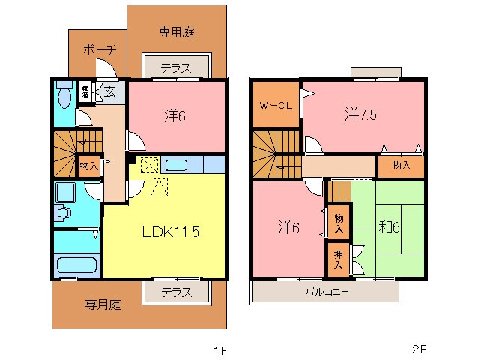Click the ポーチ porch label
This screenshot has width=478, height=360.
(x=99, y=51)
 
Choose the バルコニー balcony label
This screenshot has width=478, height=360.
(x=326, y=291)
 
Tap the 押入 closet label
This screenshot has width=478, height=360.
(x=339, y=259)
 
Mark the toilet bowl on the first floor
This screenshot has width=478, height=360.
(x=64, y=95)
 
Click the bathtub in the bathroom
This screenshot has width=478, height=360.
(x=76, y=265)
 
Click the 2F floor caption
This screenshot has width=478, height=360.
(x=419, y=349)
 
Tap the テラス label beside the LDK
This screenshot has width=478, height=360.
(x=175, y=292)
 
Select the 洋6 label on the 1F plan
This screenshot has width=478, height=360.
(x=175, y=115)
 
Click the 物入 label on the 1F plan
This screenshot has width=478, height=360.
(x=88, y=165)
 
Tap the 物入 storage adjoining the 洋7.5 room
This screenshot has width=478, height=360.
(x=401, y=165)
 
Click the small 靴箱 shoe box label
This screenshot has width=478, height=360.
(x=86, y=91)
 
